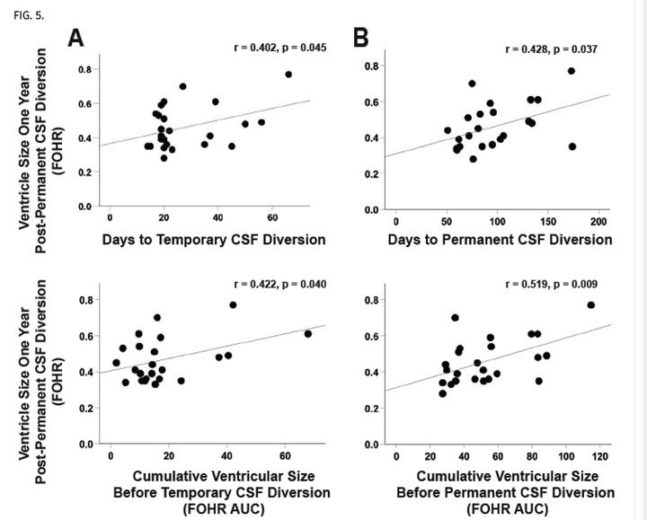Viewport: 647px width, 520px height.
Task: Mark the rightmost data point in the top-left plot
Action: point(288,75)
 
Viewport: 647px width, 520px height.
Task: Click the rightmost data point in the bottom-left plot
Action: point(308,333)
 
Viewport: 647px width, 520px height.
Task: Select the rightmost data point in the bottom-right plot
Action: point(591,305)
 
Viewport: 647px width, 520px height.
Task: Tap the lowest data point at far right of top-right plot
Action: point(572,146)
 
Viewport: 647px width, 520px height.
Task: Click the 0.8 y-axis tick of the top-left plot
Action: point(85,69)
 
